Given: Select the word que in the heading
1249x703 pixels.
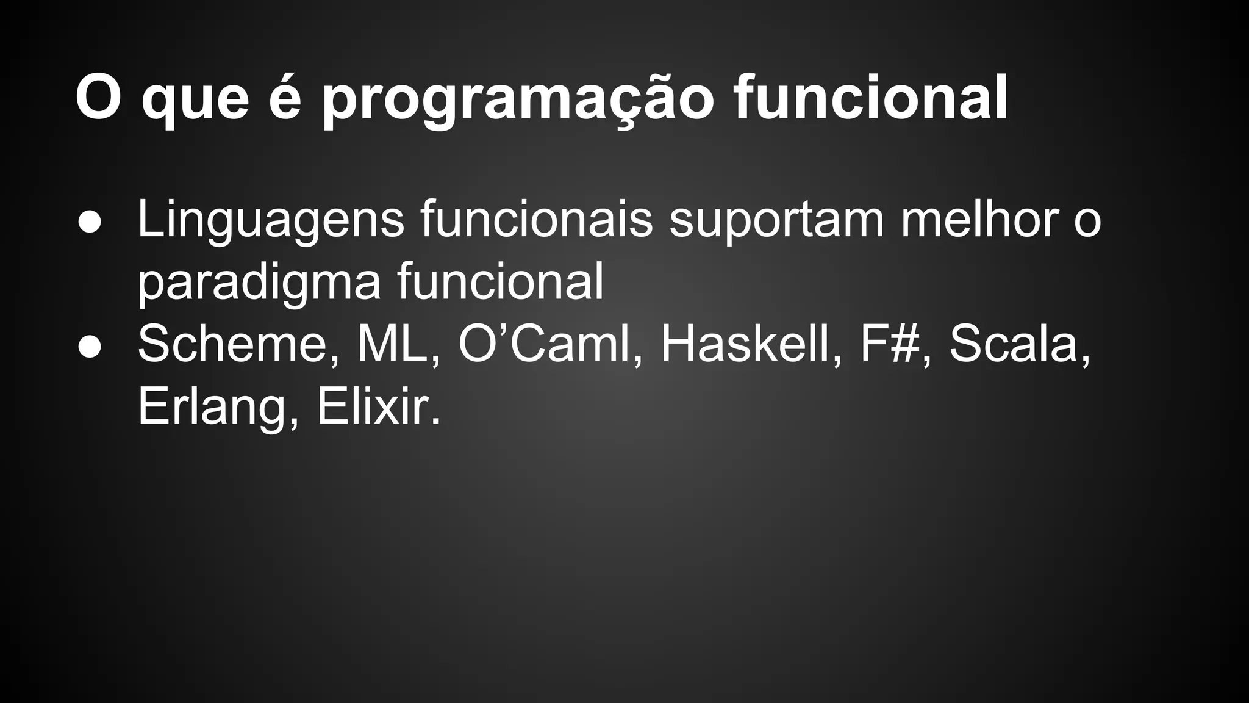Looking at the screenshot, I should pyautogui.click(x=195, y=101).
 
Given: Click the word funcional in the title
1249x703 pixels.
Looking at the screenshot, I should pyautogui.click(x=871, y=98).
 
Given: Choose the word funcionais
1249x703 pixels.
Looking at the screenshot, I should pyautogui.click(x=537, y=220).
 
